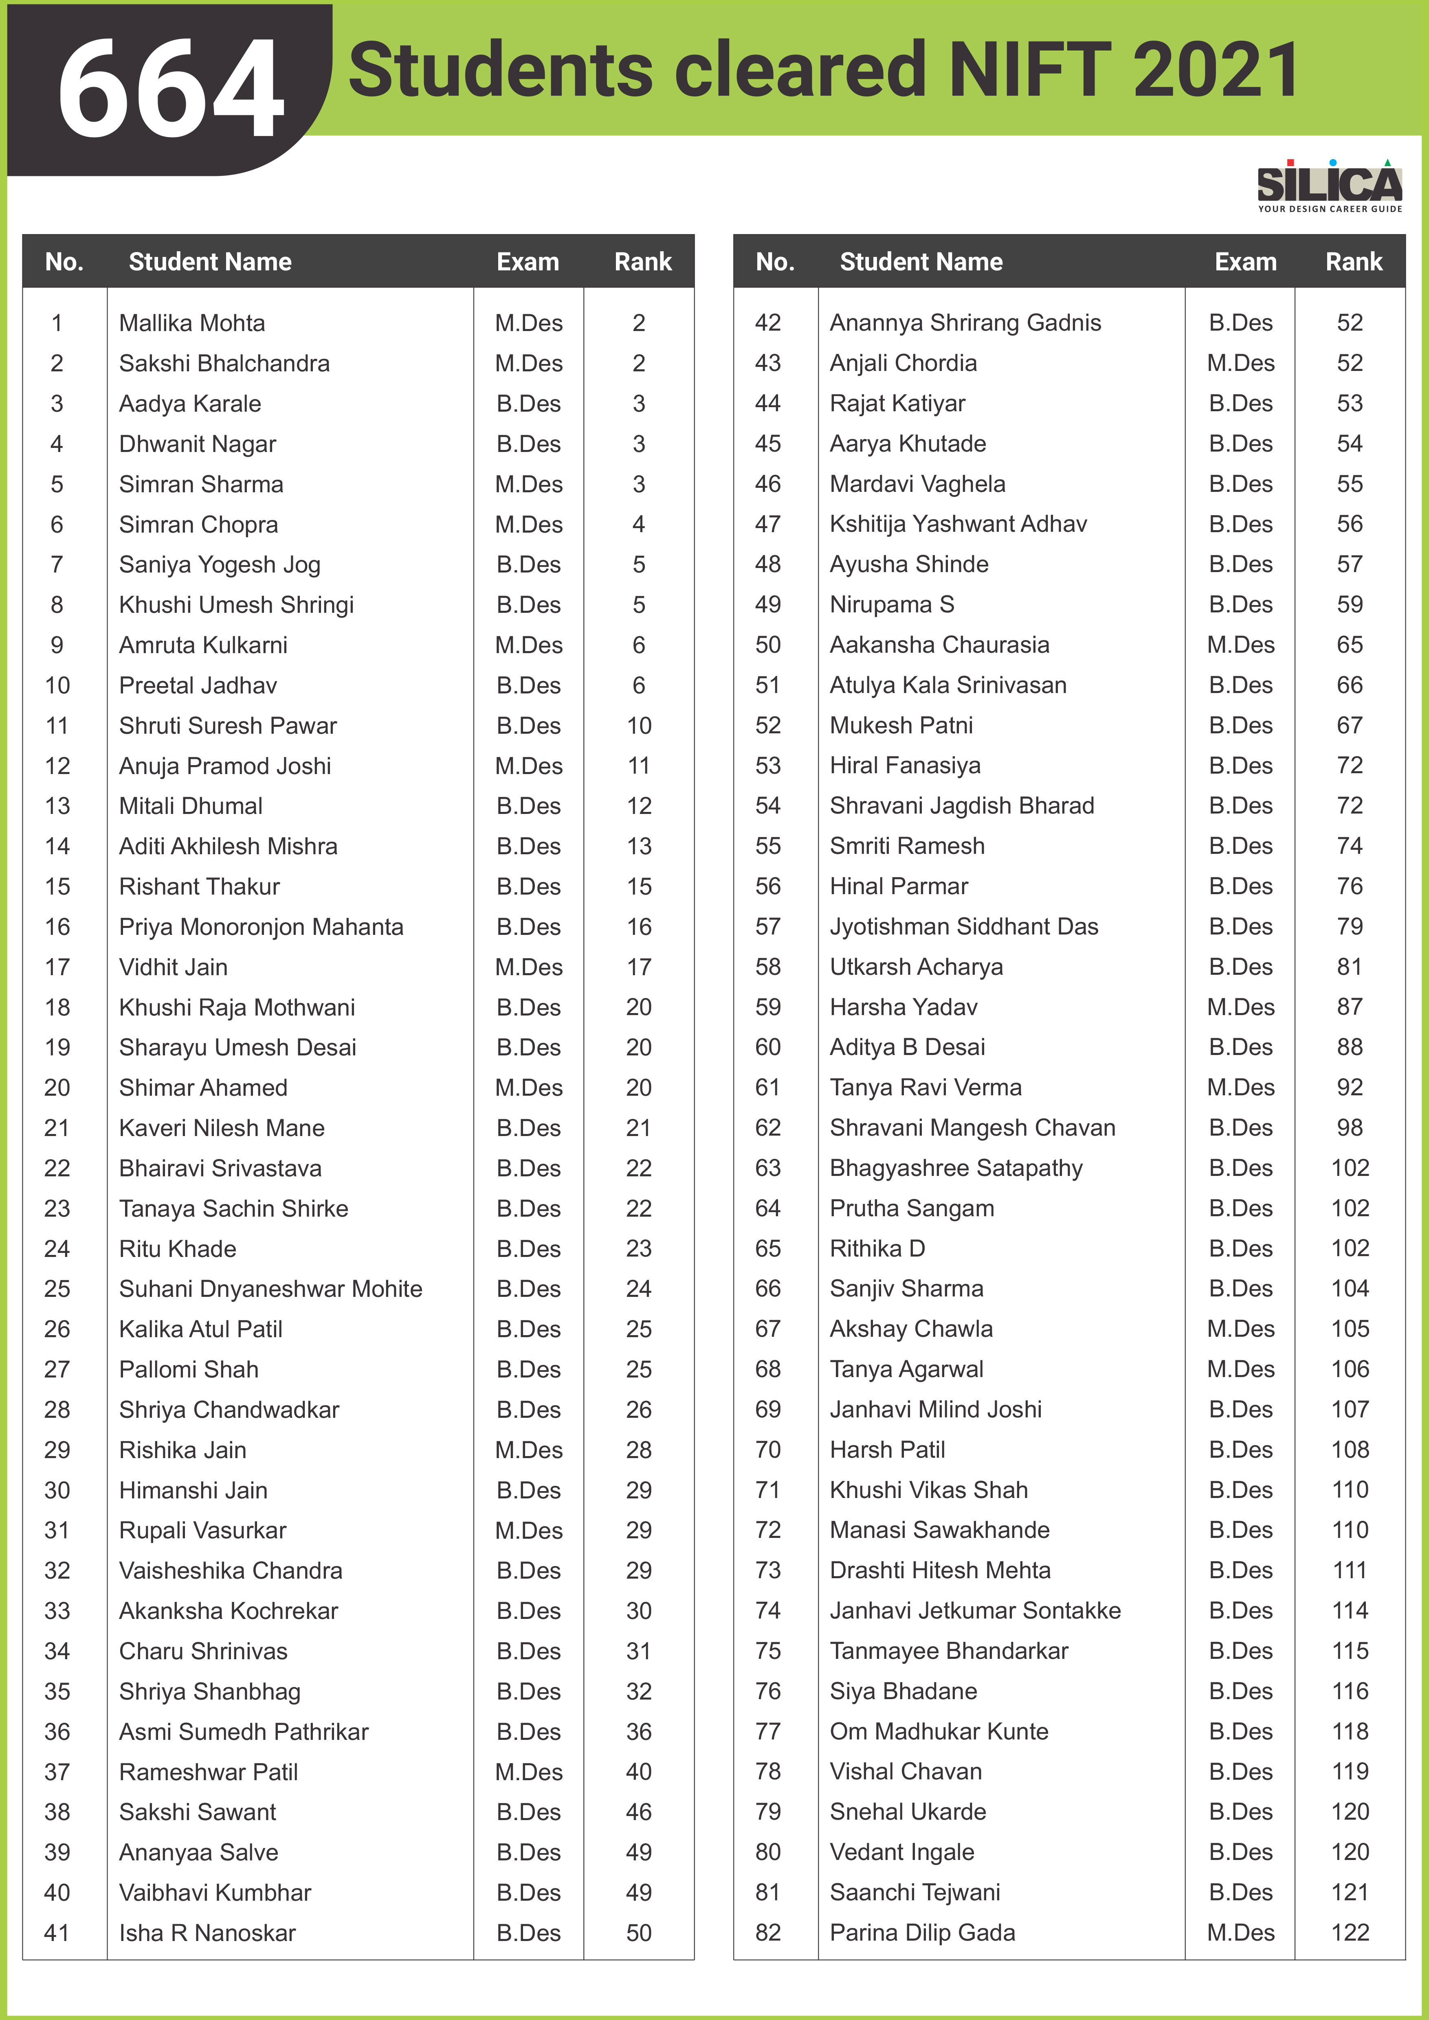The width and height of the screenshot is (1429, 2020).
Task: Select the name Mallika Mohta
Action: click(192, 323)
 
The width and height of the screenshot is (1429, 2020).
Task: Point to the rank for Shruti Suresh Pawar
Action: click(639, 726)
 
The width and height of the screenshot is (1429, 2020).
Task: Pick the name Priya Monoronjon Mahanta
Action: click(262, 926)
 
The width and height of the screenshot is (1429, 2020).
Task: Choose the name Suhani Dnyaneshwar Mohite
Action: click(271, 1289)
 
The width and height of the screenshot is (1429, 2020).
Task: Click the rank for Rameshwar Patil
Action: click(639, 1772)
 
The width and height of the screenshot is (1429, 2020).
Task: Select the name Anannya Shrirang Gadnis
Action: click(965, 323)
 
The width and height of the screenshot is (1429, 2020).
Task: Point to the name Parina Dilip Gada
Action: click(922, 1933)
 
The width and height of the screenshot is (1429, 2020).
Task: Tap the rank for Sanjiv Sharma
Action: click(1350, 1289)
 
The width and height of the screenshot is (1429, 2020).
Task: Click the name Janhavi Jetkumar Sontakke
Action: click(975, 1611)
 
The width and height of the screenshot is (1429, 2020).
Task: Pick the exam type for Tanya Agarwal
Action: click(1241, 1369)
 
